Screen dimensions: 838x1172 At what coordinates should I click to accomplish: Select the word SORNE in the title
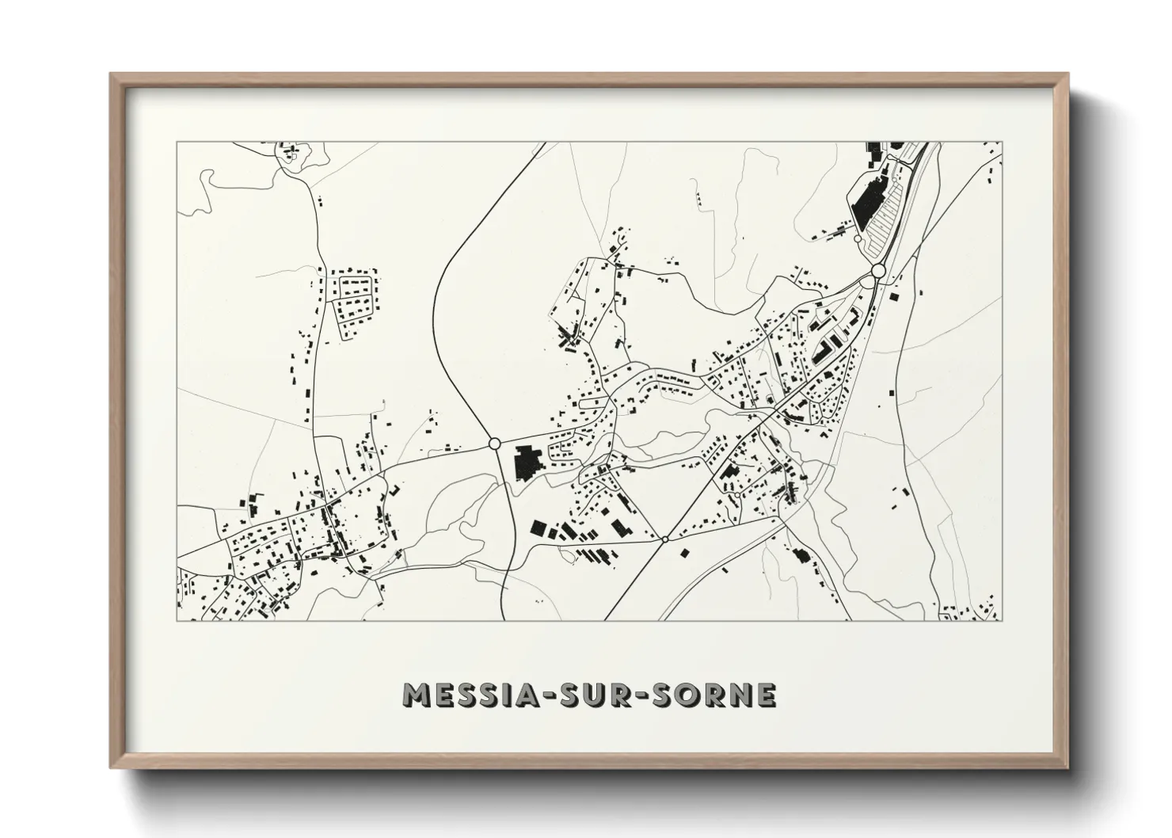click(x=715, y=695)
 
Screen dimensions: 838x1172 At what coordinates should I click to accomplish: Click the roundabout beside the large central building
click(x=494, y=444)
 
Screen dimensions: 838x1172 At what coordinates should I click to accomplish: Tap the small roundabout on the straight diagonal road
click(x=665, y=539)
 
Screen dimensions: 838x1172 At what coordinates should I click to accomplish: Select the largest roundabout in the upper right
click(x=877, y=271)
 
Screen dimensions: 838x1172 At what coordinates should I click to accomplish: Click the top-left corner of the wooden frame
click(x=112, y=74)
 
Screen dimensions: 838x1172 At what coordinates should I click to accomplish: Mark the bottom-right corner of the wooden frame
click(x=1067, y=767)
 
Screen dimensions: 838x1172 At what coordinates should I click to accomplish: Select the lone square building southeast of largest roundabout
click(x=894, y=297)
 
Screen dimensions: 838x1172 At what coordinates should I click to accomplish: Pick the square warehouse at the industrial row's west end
click(x=538, y=528)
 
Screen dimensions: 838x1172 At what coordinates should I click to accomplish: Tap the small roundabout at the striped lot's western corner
click(x=858, y=238)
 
